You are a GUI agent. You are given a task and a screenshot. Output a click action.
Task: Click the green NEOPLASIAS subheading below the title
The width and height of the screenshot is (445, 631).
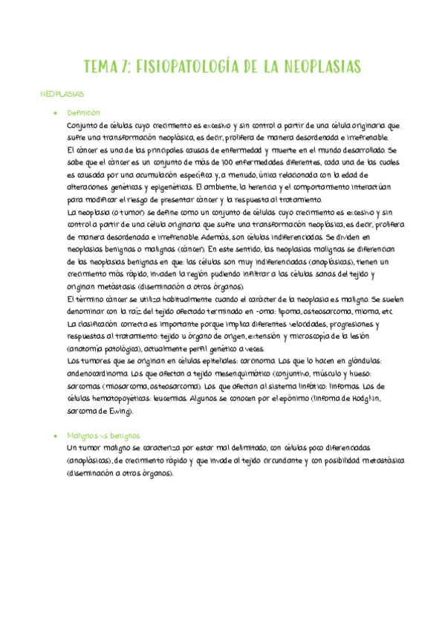point(62,95)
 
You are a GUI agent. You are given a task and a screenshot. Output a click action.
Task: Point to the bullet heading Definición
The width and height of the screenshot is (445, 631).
point(83,112)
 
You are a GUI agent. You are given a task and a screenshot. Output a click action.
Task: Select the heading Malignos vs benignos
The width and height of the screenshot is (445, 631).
point(103,435)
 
